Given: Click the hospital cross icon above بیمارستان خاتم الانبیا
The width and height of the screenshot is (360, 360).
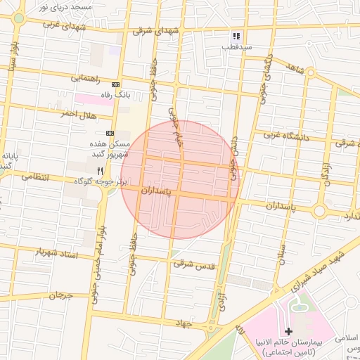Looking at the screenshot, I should (x=288, y=330).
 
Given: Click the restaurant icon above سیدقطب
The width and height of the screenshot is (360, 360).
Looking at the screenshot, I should (x=237, y=36).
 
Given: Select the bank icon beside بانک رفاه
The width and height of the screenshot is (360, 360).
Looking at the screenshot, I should (x=115, y=84).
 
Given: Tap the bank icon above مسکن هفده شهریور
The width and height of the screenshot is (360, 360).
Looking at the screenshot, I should (x=110, y=132).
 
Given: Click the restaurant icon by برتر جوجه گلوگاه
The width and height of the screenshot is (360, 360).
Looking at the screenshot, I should (x=100, y=171).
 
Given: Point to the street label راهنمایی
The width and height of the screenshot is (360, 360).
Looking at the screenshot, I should (x=85, y=79).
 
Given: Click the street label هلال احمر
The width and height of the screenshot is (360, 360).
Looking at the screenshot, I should (x=77, y=113).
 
